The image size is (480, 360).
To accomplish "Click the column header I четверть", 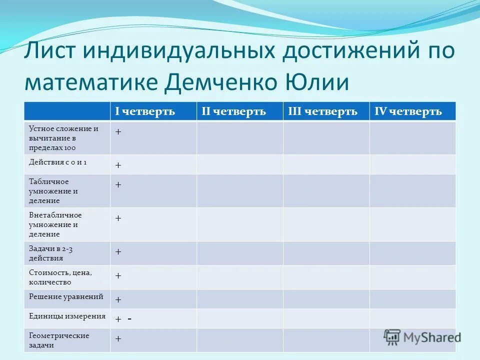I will [x=145, y=111].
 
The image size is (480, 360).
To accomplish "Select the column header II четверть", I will [x=233, y=111].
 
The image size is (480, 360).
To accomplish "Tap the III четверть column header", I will [x=322, y=111].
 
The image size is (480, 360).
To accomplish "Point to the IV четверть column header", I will [x=408, y=111].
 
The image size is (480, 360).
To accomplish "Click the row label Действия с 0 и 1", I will [x=57, y=162].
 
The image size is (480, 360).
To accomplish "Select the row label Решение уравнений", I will [x=66, y=297].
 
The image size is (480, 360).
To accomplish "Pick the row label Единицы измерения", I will [x=67, y=316].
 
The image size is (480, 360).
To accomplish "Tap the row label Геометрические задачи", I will [x=59, y=340].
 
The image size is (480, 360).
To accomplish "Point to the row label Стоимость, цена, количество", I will [x=60, y=277].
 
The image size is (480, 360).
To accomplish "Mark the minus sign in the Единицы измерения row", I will [x=129, y=319].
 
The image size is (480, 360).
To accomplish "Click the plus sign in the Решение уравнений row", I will [x=118, y=299].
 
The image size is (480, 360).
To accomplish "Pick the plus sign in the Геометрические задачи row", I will [x=118, y=338].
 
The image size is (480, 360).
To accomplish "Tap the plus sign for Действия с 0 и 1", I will [x=118, y=165].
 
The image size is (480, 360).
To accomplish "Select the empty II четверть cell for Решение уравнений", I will [x=239, y=299].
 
